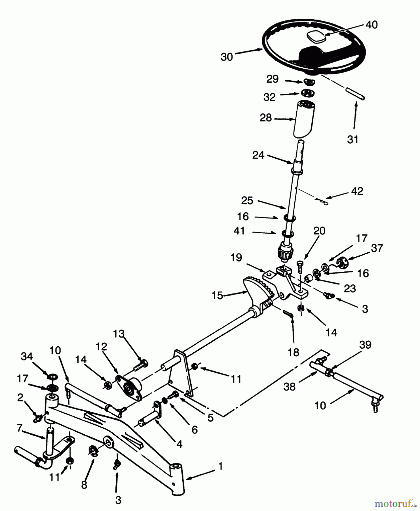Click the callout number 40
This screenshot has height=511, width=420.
pyautogui.click(x=372, y=25)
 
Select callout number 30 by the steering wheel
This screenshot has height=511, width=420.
pyautogui.click(x=227, y=57)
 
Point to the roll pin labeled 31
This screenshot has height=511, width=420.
pyautogui.click(x=355, y=94)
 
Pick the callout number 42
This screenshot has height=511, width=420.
pyautogui.click(x=357, y=191)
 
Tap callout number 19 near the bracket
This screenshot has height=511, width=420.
pyautogui.click(x=236, y=257)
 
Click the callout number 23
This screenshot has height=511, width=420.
pyautogui.click(x=349, y=288)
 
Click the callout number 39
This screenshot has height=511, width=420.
pyautogui.click(x=365, y=345)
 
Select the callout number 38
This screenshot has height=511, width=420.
pyautogui.click(x=289, y=386)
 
